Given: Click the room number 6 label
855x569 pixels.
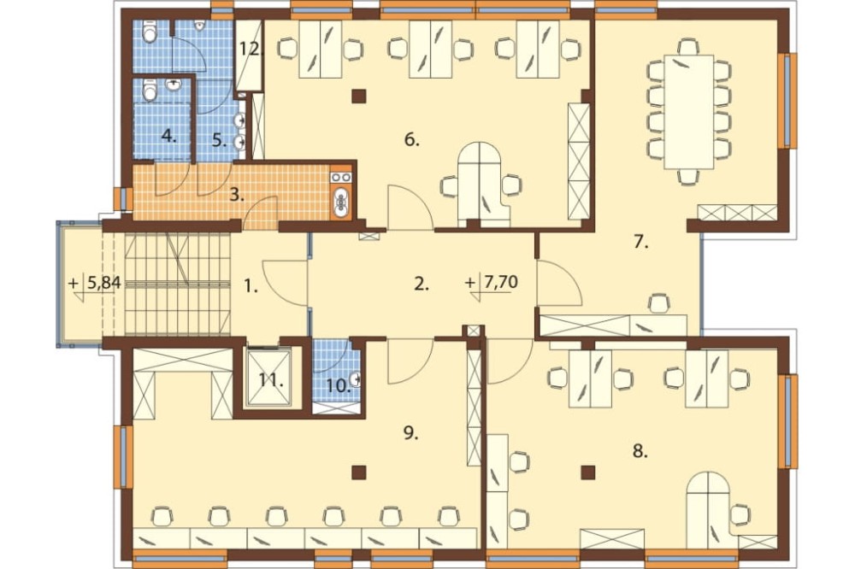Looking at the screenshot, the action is (412, 140).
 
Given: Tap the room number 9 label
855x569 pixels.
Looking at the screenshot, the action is (410, 433).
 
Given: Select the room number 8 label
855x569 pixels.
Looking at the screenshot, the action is (640, 451).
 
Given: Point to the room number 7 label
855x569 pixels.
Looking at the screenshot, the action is (640, 243).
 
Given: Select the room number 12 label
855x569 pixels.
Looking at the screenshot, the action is (251, 49).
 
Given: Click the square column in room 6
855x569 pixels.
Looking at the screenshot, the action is (359, 97).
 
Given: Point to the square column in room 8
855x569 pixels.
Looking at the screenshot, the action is (587, 472).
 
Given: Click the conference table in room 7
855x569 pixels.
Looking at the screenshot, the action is (688, 112).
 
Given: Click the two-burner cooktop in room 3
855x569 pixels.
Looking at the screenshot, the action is (341, 177).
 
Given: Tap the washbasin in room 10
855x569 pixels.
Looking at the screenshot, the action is (356, 378).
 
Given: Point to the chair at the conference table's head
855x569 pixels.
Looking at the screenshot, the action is (688, 46).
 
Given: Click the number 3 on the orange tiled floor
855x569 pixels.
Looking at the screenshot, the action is (236, 195).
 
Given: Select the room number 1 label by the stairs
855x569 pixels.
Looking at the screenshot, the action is (250, 285).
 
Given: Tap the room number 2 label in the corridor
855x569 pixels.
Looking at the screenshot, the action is (421, 284).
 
